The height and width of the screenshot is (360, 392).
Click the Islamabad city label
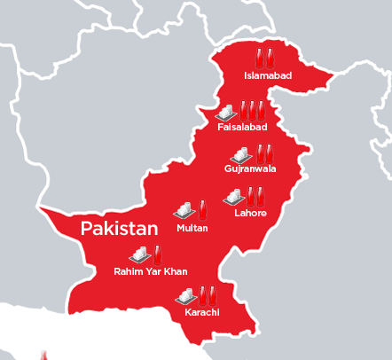[x=268, y=76]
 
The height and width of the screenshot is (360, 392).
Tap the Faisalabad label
[x=241, y=128]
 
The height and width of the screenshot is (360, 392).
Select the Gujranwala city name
[x=250, y=168]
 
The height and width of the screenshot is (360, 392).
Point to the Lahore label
[x=250, y=213]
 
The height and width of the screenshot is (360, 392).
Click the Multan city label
[x=192, y=228]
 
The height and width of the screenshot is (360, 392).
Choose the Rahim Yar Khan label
[x=151, y=271]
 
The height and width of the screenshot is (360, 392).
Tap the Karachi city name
[x=202, y=312]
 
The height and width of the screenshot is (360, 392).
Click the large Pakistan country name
[x=119, y=229]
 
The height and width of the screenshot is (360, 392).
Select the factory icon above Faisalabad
[x=225, y=112]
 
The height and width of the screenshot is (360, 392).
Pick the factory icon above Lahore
[x=233, y=196]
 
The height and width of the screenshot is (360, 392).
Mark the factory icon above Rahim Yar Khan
[x=139, y=254]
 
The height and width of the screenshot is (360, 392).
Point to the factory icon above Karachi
[x=185, y=295]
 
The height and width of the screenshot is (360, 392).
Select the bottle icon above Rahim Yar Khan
[x=158, y=253]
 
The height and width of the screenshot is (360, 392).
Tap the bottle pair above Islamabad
[x=264, y=58]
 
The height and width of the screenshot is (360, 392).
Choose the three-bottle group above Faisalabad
[x=251, y=110]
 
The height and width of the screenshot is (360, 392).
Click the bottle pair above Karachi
[x=208, y=293]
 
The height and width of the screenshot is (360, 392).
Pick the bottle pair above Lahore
[x=255, y=195]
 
